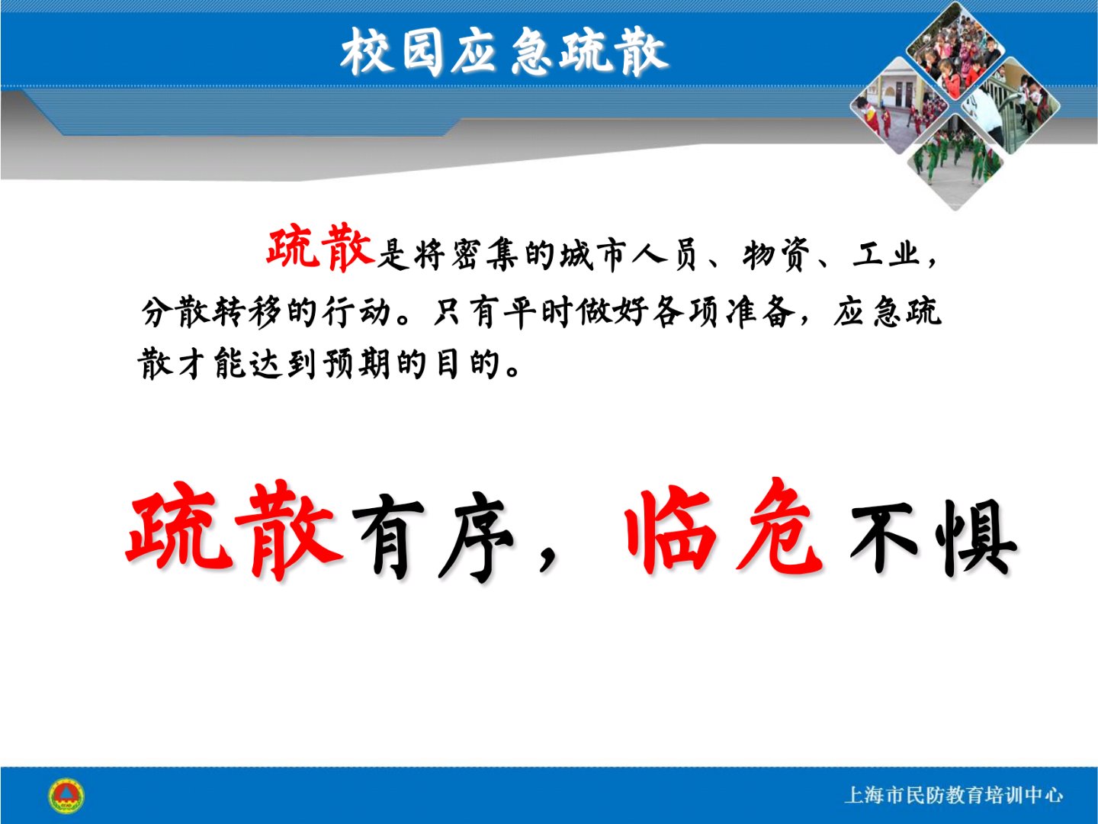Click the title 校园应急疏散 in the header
coord(504,52)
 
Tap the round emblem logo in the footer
coord(66,796)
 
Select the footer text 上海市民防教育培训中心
coord(953,796)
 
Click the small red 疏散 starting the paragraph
coord(321,249)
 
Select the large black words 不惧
coord(933,536)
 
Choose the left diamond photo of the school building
coord(899,106)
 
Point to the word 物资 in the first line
coord(775,255)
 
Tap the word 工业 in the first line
coord(886,254)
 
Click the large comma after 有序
coord(547,560)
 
